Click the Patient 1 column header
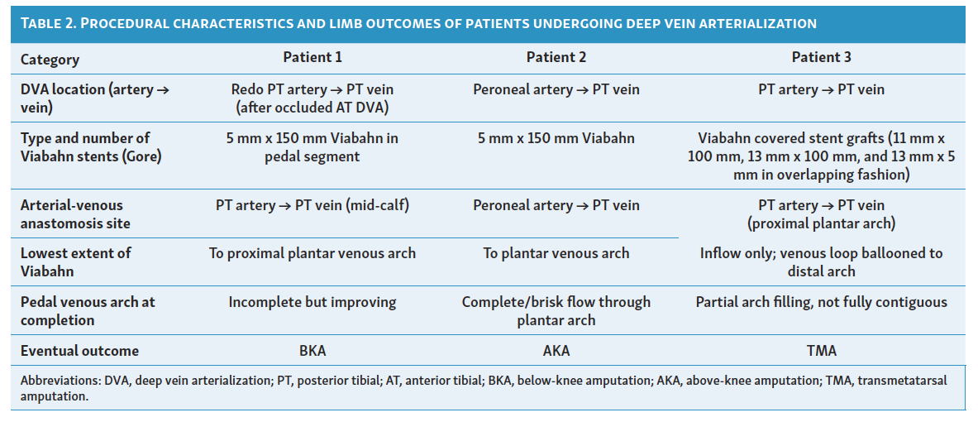point(312,57)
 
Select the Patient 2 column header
point(556,57)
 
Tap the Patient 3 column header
point(821,57)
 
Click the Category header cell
point(50,59)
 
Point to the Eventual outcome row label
point(79,351)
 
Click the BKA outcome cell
point(312,351)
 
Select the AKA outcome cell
point(556,351)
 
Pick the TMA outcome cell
point(821,351)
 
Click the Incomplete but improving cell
point(312,302)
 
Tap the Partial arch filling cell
point(821,302)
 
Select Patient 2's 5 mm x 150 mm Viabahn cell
point(556,138)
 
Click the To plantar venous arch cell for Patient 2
point(556,253)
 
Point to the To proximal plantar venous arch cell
point(312,253)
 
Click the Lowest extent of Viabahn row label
point(75,261)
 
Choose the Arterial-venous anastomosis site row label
point(75,213)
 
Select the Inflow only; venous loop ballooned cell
point(821,261)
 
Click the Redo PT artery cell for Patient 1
point(312,98)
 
